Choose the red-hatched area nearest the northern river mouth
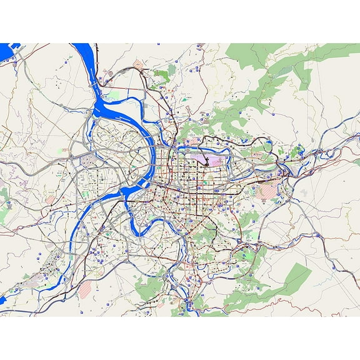click(x=138, y=64)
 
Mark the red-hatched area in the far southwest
click(x=84, y=289)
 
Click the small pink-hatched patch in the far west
click(x=51, y=200)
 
